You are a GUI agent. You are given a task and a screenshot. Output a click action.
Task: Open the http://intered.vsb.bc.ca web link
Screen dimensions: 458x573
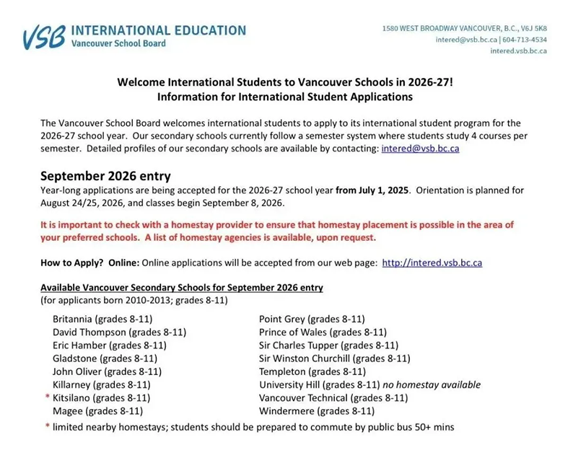432,263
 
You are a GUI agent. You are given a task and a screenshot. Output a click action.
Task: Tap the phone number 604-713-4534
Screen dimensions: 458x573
522,40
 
